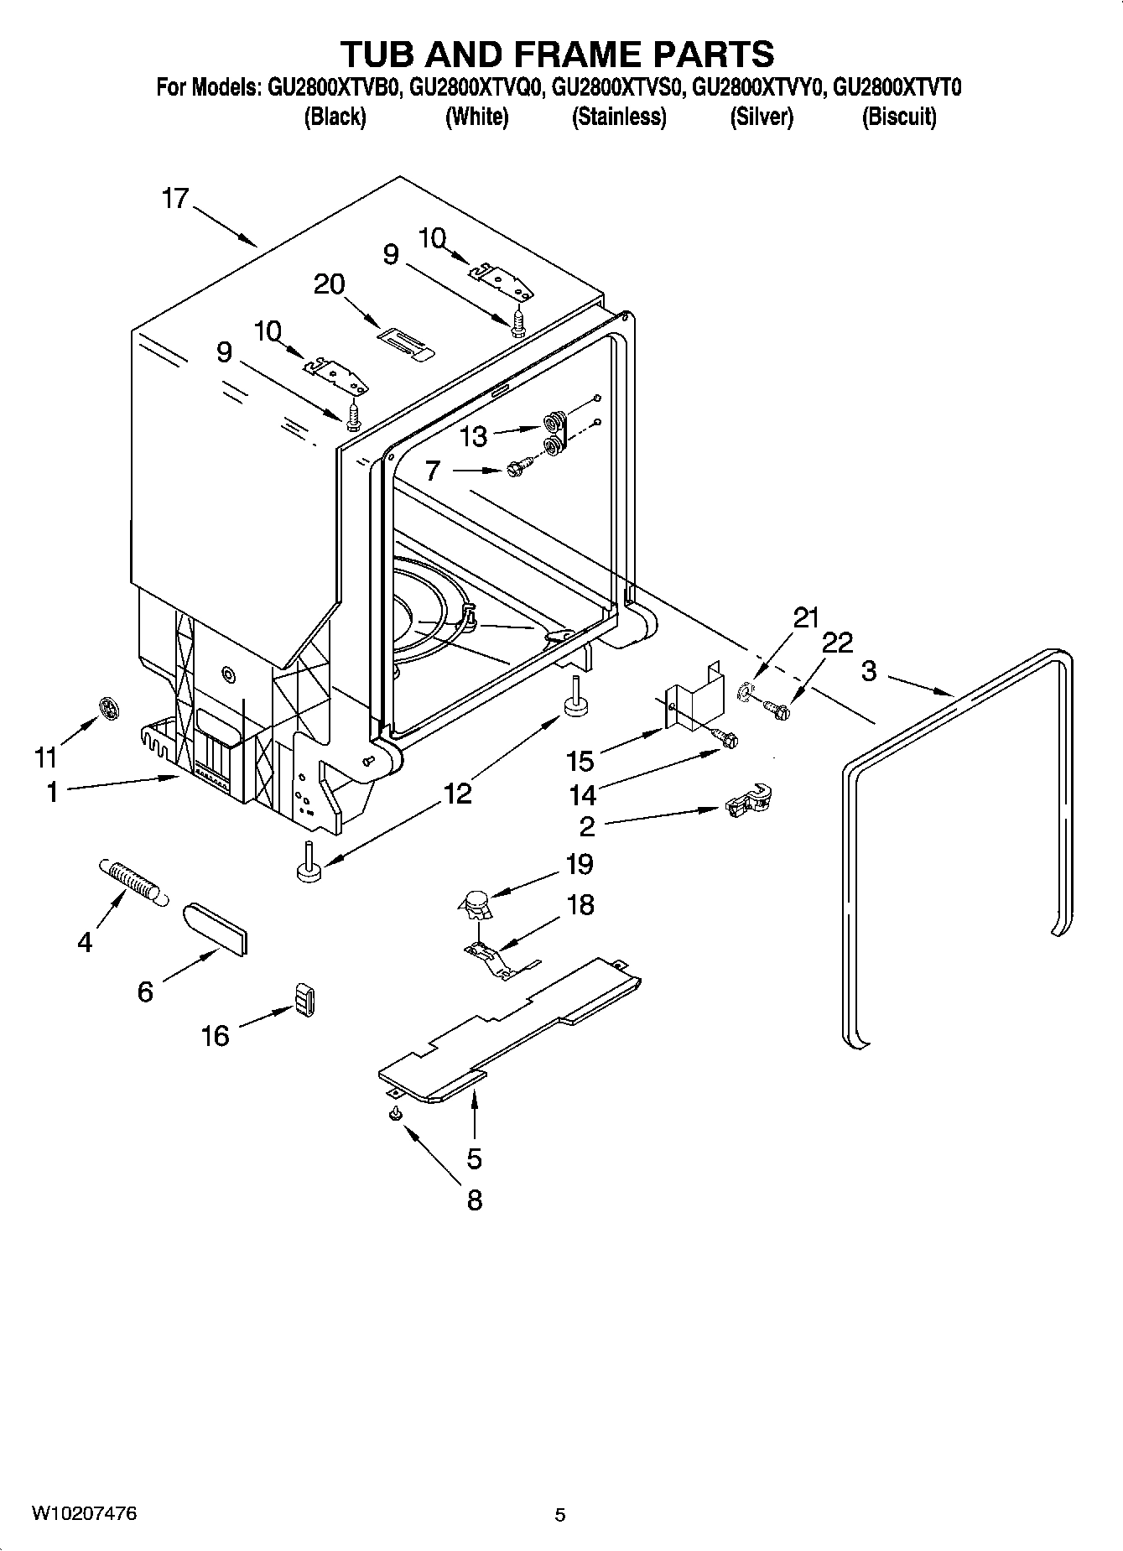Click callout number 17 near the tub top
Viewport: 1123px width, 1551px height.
pyautogui.click(x=175, y=199)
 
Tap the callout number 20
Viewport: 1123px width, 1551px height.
pyautogui.click(x=329, y=284)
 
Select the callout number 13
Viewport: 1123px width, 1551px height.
pyautogui.click(x=473, y=436)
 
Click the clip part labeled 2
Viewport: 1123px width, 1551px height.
pyautogui.click(x=747, y=802)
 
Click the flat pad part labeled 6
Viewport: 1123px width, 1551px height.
pyautogui.click(x=216, y=928)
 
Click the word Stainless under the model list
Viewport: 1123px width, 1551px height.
pyautogui.click(x=619, y=117)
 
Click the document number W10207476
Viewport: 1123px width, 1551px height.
pyautogui.click(x=84, y=1513)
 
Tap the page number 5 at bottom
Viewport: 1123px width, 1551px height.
pyautogui.click(x=559, y=1515)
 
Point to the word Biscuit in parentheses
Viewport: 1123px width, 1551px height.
pyautogui.click(x=899, y=117)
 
